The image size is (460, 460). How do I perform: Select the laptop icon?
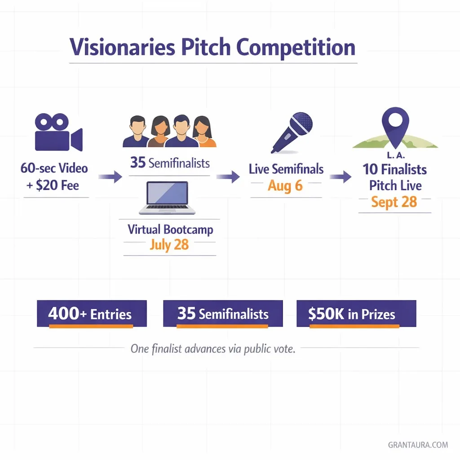click(x=168, y=198)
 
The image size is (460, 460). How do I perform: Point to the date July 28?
click(x=169, y=245)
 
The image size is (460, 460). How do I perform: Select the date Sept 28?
click(x=394, y=202)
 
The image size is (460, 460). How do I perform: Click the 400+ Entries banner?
click(x=92, y=314)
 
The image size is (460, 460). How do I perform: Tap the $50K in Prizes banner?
click(x=356, y=314)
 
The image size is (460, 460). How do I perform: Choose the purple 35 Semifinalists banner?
click(x=223, y=314)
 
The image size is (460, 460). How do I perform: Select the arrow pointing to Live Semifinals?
click(x=228, y=177)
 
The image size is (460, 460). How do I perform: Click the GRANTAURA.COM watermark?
click(x=418, y=445)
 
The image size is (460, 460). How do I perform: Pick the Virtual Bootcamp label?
click(x=170, y=230)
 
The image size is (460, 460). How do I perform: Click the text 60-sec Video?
click(x=54, y=168)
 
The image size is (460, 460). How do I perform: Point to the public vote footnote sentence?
click(x=213, y=349)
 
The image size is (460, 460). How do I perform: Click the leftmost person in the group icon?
click(x=136, y=132)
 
